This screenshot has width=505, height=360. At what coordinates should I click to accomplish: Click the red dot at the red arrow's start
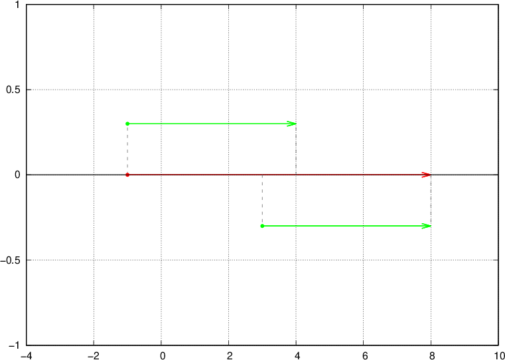127,175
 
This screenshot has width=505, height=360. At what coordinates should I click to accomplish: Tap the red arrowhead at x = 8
427,175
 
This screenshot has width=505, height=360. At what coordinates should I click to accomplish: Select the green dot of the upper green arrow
127,124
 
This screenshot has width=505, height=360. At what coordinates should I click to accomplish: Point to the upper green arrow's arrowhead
292,124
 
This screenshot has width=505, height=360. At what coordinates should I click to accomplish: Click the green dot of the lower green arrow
262,226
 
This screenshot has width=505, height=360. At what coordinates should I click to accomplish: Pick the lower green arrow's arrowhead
427,226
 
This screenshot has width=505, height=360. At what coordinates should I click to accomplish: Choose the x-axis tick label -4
25,355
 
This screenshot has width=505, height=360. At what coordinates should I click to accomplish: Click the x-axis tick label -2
93,355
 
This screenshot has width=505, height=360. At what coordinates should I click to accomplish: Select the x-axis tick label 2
229,355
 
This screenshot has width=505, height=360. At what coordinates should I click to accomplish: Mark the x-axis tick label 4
297,355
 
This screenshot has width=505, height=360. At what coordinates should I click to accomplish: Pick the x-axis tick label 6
364,355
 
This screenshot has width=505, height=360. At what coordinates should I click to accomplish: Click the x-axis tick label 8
431,355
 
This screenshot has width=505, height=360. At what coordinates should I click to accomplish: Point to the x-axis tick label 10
500,355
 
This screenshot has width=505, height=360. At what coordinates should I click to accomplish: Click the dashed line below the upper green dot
127,149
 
